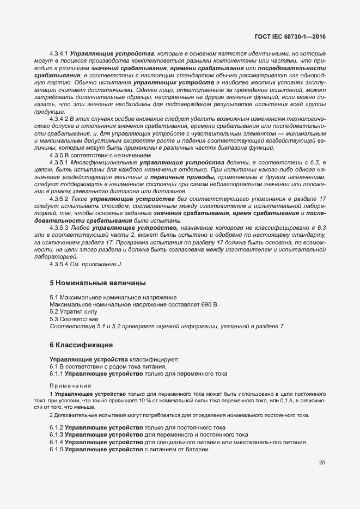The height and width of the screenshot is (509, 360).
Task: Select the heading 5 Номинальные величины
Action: tap(97, 283)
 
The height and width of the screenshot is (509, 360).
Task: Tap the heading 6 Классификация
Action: tap(81, 345)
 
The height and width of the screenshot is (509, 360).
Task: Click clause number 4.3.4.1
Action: tap(58, 54)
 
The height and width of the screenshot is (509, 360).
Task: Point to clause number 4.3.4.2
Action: tap(58, 118)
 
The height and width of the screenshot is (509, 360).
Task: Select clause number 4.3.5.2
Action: tap(58, 199)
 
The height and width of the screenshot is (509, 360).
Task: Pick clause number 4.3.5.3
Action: tap(58, 227)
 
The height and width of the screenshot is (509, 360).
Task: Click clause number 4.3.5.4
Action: tap(58, 264)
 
